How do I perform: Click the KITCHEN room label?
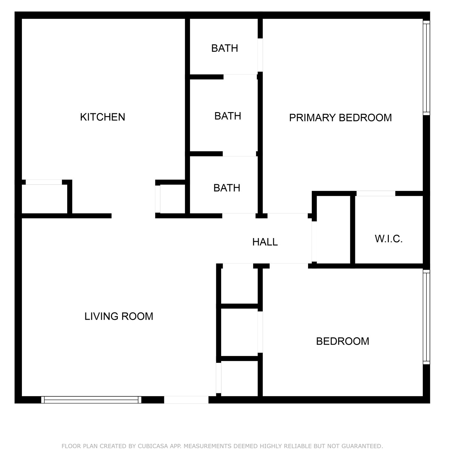point(102,117)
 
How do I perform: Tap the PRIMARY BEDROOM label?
point(340,118)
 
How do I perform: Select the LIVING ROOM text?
point(119,316)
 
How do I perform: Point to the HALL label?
point(265,242)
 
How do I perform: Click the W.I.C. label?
point(389,239)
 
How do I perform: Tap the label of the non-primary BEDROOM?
point(343,341)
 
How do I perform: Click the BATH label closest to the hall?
point(227,188)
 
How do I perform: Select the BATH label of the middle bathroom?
point(228,116)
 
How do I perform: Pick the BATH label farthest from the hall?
point(224,48)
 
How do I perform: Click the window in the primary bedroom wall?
point(426,68)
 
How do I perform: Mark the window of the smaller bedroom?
point(426,317)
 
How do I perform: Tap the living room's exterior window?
point(91,400)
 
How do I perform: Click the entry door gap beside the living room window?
point(186,400)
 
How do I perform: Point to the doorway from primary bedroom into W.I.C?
point(376,193)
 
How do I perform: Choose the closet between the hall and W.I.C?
point(333,229)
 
